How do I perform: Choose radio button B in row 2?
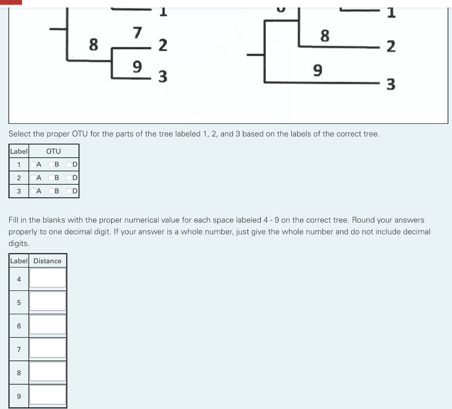pos(51,178)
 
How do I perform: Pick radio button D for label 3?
pos(69,191)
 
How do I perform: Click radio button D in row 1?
pos(69,165)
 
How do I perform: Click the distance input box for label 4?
pos(48,278)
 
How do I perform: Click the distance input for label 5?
pos(48,301)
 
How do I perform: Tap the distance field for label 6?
pos(48,325)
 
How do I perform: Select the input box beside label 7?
pos(48,348)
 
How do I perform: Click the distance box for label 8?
pos(48,372)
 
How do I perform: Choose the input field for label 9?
pos(48,395)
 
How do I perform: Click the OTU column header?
pos(53,151)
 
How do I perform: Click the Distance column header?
pos(47,261)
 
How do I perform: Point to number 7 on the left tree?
pos(138,33)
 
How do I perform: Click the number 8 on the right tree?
pos(324,36)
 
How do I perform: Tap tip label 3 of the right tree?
pos(391,84)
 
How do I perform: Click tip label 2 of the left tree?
pos(162,45)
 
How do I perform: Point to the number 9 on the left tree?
pos(138,67)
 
